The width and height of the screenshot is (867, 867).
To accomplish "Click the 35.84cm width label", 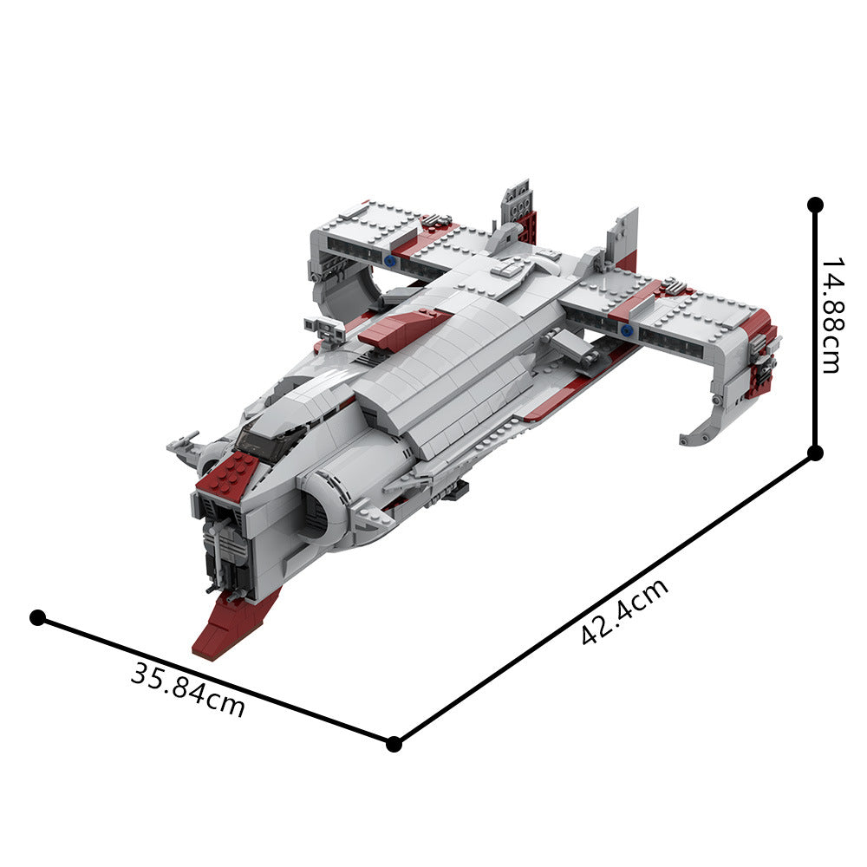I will pos(188,689).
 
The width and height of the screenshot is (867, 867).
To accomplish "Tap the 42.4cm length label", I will pos(624,611).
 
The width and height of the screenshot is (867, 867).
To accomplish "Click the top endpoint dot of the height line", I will pos(815,205).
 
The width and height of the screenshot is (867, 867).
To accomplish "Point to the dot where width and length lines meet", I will pos(394,743).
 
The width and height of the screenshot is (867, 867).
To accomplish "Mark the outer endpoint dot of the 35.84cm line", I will pos(37,617).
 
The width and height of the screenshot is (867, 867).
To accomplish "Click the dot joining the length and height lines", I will pos(815,453).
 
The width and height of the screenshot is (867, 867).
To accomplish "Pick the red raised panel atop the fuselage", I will pos(403,329).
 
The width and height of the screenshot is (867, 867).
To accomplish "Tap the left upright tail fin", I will pos(518,208).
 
